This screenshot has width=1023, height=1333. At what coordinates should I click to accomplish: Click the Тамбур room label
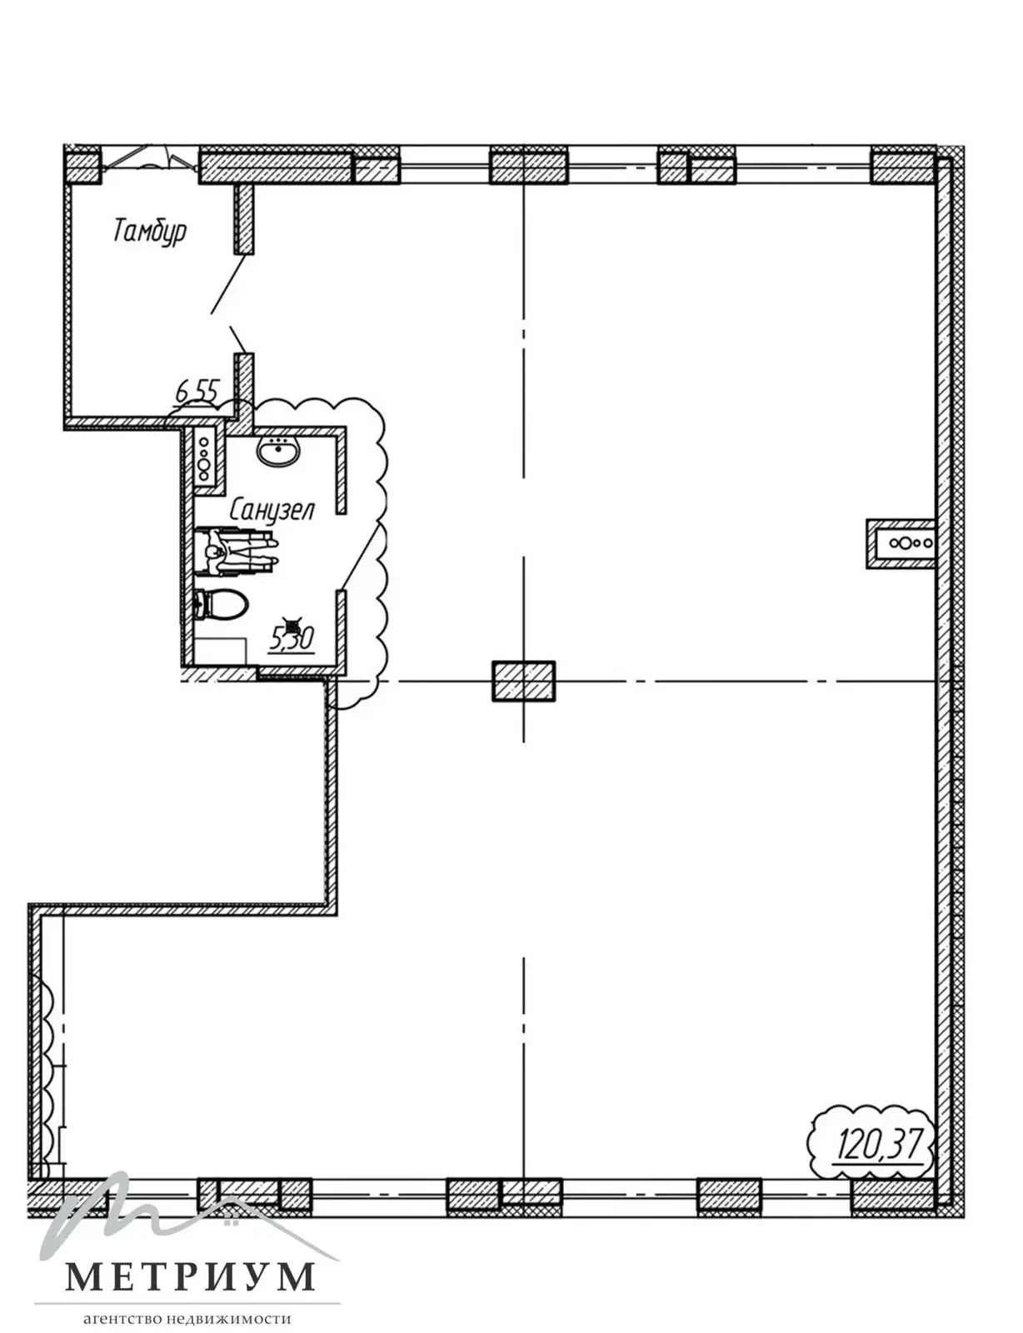tap(150, 231)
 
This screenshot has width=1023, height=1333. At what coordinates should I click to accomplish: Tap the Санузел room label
tap(272, 510)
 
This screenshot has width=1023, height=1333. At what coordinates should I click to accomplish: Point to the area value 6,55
tap(197, 390)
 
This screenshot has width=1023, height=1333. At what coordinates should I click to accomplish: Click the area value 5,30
tap(292, 639)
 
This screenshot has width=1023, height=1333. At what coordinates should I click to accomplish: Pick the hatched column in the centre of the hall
tap(524, 681)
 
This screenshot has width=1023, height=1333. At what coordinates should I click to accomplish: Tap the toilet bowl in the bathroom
tap(222, 604)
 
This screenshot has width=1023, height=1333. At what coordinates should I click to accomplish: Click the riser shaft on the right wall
tap(901, 544)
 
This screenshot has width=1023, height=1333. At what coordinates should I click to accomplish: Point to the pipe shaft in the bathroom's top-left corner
tap(204, 457)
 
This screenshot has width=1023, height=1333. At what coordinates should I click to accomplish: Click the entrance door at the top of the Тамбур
tap(150, 158)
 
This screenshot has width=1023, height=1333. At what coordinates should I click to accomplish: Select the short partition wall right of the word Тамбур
tap(243, 218)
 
